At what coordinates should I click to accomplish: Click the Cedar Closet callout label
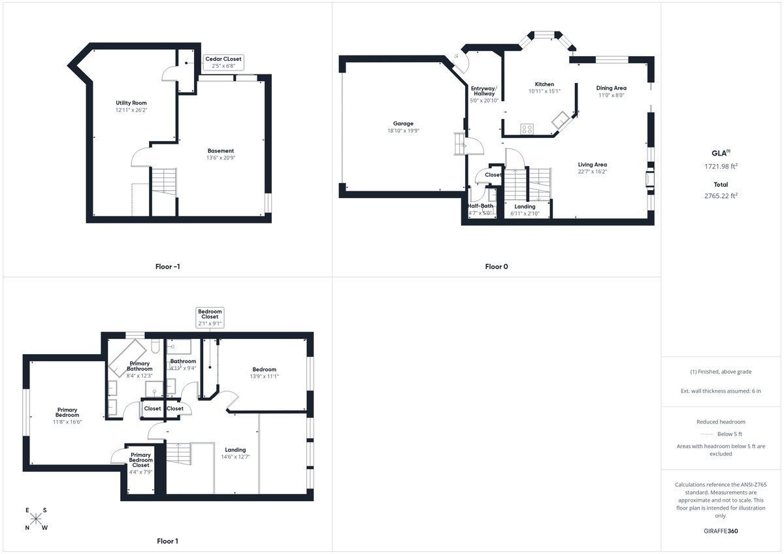coord(223,59)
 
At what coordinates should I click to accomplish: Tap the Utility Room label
coord(131,103)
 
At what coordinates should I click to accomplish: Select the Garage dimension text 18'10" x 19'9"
coord(403,131)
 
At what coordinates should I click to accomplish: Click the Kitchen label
coord(544,84)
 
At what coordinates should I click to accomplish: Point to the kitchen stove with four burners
coord(528,128)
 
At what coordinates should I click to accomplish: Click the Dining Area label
coord(611,88)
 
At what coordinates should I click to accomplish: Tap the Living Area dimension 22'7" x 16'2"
coord(592,172)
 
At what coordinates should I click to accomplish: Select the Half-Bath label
coord(480,206)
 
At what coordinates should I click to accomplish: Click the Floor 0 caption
coord(496,267)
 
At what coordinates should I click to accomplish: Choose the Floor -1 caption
coord(167,267)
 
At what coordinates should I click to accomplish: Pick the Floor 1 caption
coord(167,541)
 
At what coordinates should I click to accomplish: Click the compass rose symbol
coord(37,519)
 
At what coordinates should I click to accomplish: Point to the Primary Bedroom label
coord(67,412)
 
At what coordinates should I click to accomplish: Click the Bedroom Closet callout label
coord(210,314)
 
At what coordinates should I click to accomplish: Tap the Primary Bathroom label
coord(139,366)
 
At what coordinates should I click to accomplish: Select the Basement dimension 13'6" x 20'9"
coord(220,158)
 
